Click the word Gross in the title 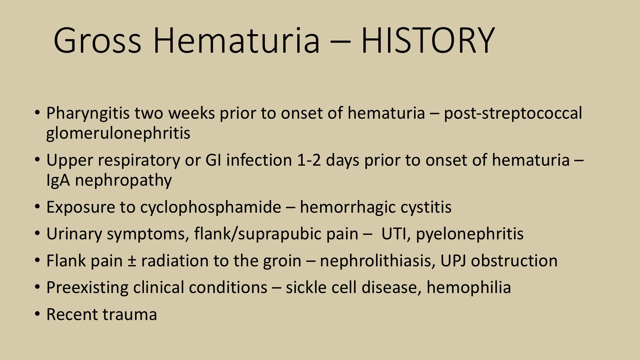pos(97,40)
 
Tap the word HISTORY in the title pos(428,40)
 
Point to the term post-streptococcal pos(513,114)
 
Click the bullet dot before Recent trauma pos(38,314)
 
